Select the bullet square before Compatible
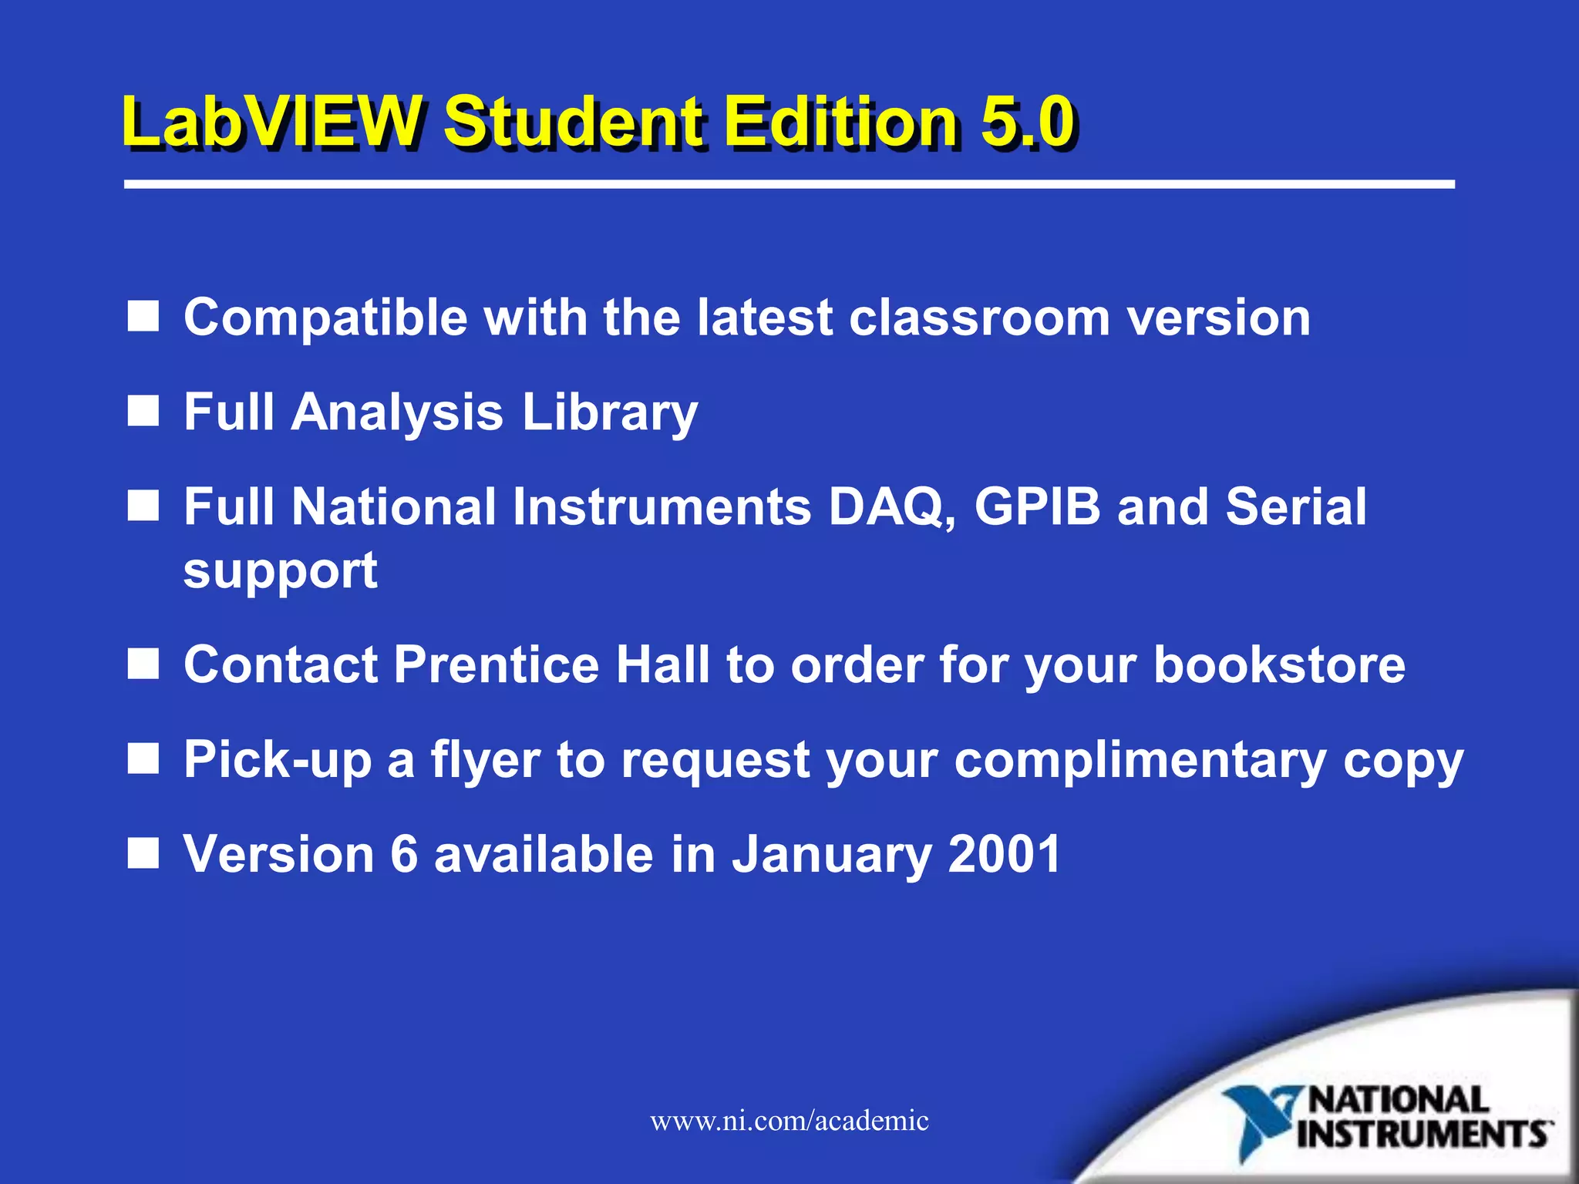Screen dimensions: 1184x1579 pyautogui.click(x=143, y=316)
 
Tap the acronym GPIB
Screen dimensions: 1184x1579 pyautogui.click(x=1037, y=507)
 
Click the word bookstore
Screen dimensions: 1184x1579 pyautogui.click(x=1279, y=664)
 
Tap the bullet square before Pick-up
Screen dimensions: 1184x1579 pyautogui.click(x=143, y=759)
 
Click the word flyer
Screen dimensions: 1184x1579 pyautogui.click(x=485, y=761)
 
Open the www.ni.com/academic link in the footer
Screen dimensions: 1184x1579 pyautogui.click(x=789, y=1121)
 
